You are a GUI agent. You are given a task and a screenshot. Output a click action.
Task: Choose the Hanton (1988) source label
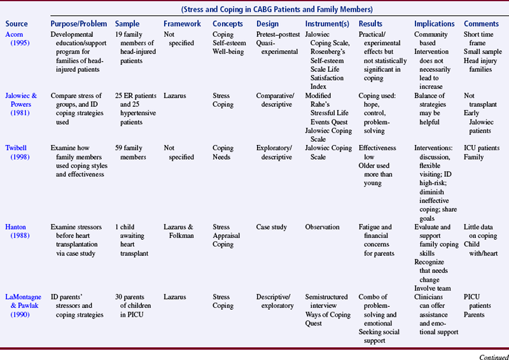16,231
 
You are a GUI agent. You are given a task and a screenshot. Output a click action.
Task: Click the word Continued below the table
490,354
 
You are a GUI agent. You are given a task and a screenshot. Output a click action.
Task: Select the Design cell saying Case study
271,227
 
